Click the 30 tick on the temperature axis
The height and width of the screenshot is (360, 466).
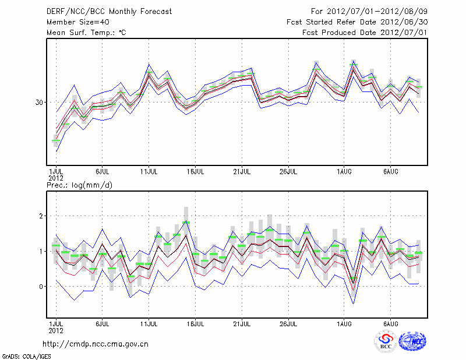click(40, 103)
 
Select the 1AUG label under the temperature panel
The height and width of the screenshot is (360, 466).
click(344, 172)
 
